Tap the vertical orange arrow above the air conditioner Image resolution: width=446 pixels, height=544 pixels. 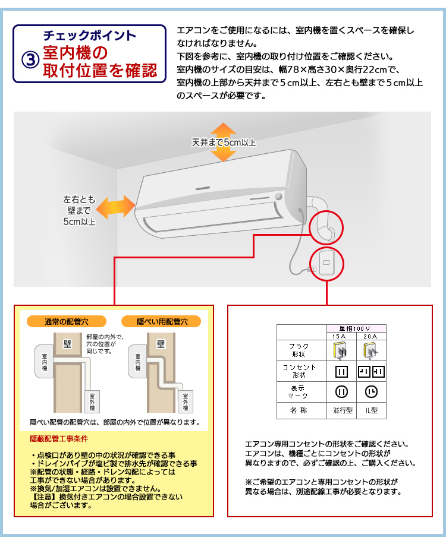click(x=223, y=143)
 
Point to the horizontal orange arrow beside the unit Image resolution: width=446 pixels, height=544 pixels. click(x=115, y=208)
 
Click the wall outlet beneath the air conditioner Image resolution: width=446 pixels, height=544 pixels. click(x=325, y=262)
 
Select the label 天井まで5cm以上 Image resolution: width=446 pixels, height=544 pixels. click(x=224, y=143)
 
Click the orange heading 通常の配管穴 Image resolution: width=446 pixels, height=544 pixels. click(x=67, y=321)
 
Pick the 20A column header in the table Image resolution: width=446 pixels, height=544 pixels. click(x=372, y=336)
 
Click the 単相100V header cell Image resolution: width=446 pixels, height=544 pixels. click(x=356, y=328)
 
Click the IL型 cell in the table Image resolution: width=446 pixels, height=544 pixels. click(x=372, y=410)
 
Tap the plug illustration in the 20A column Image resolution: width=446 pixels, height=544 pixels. click(x=372, y=351)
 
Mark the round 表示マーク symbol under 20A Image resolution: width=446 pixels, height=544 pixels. click(x=372, y=392)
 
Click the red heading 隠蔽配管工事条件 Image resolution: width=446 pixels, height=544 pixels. click(x=59, y=439)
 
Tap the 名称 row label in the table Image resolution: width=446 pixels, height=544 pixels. click(x=301, y=410)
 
